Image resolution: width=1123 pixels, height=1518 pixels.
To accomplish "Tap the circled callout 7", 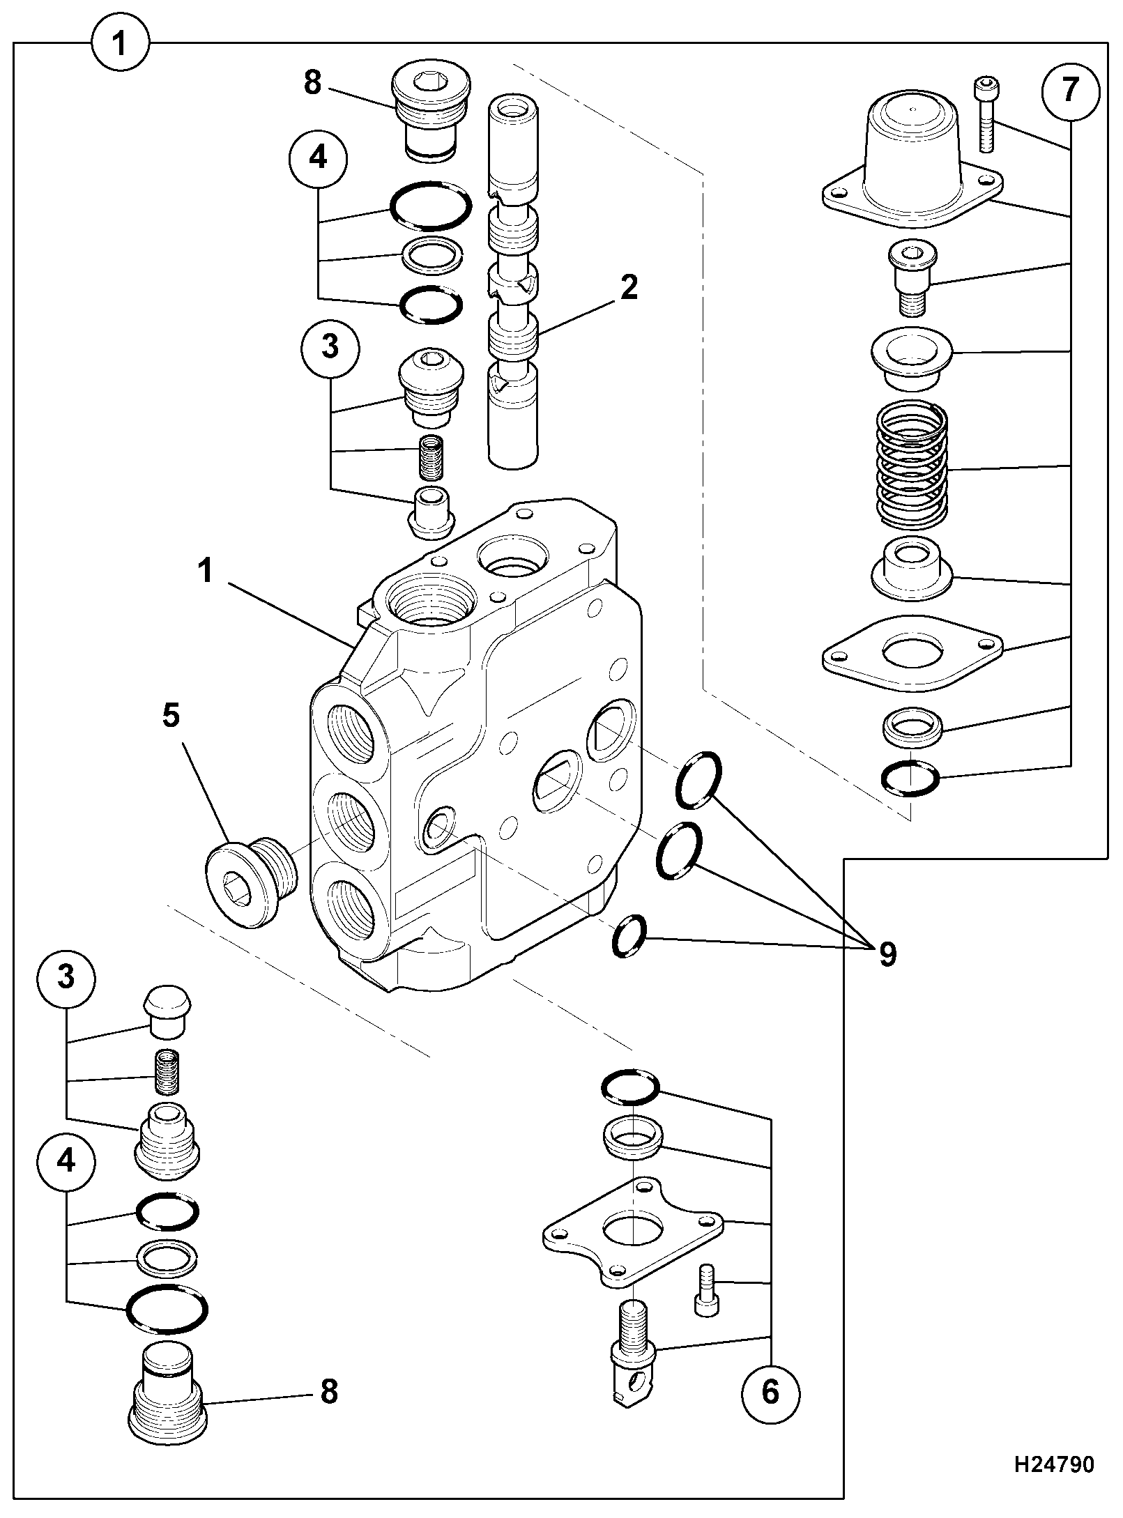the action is pos(1070,91).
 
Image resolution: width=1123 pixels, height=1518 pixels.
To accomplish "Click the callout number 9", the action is pos(887,954).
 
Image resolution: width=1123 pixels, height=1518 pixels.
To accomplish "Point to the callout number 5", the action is pos(171,716).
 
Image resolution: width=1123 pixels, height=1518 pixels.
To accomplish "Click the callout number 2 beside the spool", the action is pos(629,288).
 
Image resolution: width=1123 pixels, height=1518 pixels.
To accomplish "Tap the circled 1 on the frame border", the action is pos(119,43).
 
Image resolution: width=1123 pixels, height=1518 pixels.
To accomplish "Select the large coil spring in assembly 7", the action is pos(911,466).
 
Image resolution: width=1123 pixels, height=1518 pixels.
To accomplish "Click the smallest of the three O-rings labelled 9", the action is pos(629,936).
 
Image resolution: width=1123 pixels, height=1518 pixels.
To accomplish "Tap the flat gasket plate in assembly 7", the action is pos(912,654).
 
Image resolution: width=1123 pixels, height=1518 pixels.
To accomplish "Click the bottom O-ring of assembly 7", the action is pos(910,778).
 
